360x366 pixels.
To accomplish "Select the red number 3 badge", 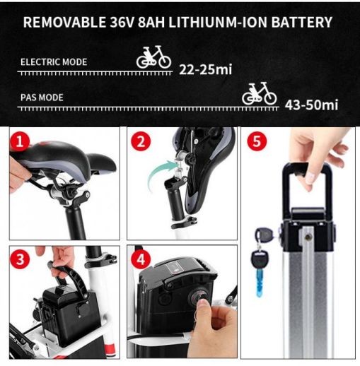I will pyautogui.click(x=20, y=259).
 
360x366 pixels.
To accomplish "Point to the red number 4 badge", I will pyautogui.click(x=141, y=259).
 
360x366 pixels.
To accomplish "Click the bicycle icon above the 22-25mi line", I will pyautogui.click(x=153, y=58).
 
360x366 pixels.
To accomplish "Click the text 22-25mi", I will pyautogui.click(x=206, y=69).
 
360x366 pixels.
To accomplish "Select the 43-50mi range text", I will pyautogui.click(x=311, y=105).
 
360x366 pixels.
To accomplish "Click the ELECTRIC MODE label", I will pyautogui.click(x=54, y=62).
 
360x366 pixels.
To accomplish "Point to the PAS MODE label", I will pyautogui.click(x=42, y=98).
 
